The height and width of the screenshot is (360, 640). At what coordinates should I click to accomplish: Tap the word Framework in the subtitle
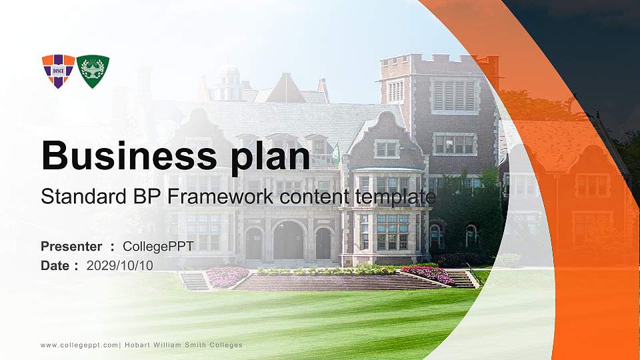(x=221, y=197)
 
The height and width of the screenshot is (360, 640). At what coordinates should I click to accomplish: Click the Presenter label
(x=71, y=247)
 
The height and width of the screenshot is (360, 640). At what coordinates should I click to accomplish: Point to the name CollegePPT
(x=158, y=247)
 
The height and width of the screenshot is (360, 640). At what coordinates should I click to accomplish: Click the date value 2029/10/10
(x=120, y=265)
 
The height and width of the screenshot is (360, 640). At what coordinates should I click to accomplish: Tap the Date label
(x=55, y=265)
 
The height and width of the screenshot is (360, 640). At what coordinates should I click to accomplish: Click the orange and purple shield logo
(x=58, y=71)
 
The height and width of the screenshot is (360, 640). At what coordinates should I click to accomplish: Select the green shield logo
(x=93, y=71)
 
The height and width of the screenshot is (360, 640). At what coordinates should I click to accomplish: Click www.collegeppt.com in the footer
(x=79, y=345)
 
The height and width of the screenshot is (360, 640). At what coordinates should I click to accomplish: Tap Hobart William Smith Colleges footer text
(x=184, y=345)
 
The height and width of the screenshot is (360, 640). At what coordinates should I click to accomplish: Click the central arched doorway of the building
(x=289, y=241)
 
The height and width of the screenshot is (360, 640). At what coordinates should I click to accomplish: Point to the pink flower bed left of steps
(x=226, y=276)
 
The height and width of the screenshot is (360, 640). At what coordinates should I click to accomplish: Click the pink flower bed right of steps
(x=428, y=274)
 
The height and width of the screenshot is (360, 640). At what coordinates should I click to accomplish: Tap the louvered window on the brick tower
(x=454, y=95)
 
